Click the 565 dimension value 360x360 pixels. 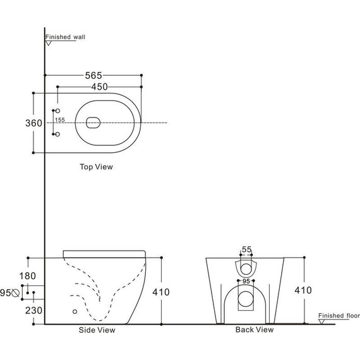point(93,75)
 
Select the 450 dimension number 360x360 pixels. point(99,87)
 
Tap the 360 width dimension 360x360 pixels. point(33,123)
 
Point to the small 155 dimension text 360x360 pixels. point(60,119)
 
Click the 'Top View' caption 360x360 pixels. point(96,167)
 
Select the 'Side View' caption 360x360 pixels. point(97,330)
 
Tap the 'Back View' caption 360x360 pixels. point(255,330)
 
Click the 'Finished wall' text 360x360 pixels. point(65,37)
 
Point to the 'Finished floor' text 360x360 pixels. point(339,315)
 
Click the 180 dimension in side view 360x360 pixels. point(27,276)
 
